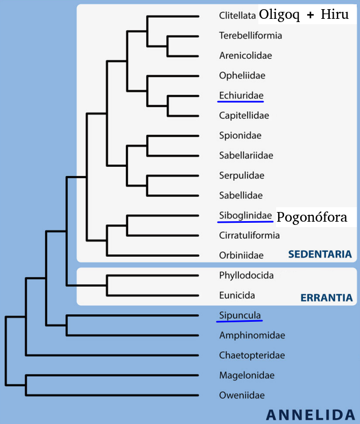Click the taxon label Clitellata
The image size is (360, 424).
point(237,16)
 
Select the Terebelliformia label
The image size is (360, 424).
point(251,36)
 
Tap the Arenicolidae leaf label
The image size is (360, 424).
point(245,56)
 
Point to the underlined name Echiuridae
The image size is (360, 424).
point(241,96)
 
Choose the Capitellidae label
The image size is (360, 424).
point(244,116)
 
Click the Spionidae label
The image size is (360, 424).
point(241,136)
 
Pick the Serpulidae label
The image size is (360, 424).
point(242,175)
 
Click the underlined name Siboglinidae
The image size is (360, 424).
point(246,215)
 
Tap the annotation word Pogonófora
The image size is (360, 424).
point(312,217)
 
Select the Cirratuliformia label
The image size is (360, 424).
point(250,235)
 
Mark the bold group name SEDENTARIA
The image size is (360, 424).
point(320,255)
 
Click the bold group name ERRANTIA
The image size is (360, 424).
point(326,298)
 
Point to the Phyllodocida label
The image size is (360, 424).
point(246,275)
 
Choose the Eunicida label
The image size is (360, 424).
point(237,295)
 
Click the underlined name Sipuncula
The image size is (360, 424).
point(239,315)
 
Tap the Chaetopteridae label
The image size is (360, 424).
point(252,355)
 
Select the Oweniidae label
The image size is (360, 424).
point(242,395)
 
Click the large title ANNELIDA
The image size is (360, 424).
point(310,414)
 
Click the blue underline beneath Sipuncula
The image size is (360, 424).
point(239,321)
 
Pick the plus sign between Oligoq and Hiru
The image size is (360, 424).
point(310,16)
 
